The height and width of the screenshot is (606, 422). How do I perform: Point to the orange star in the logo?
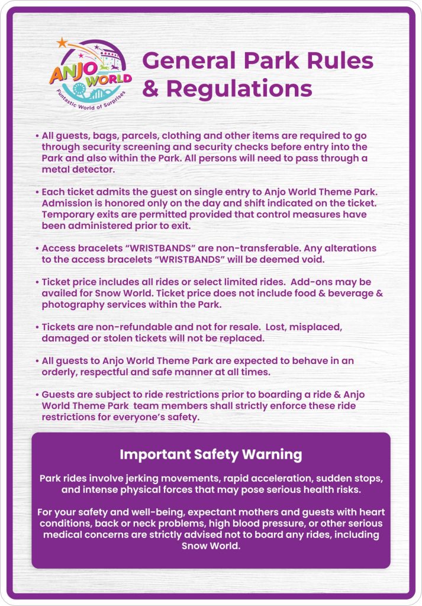pyautogui.click(x=62, y=42)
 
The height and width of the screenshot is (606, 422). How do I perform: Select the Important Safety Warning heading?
pyautogui.click(x=211, y=455)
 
